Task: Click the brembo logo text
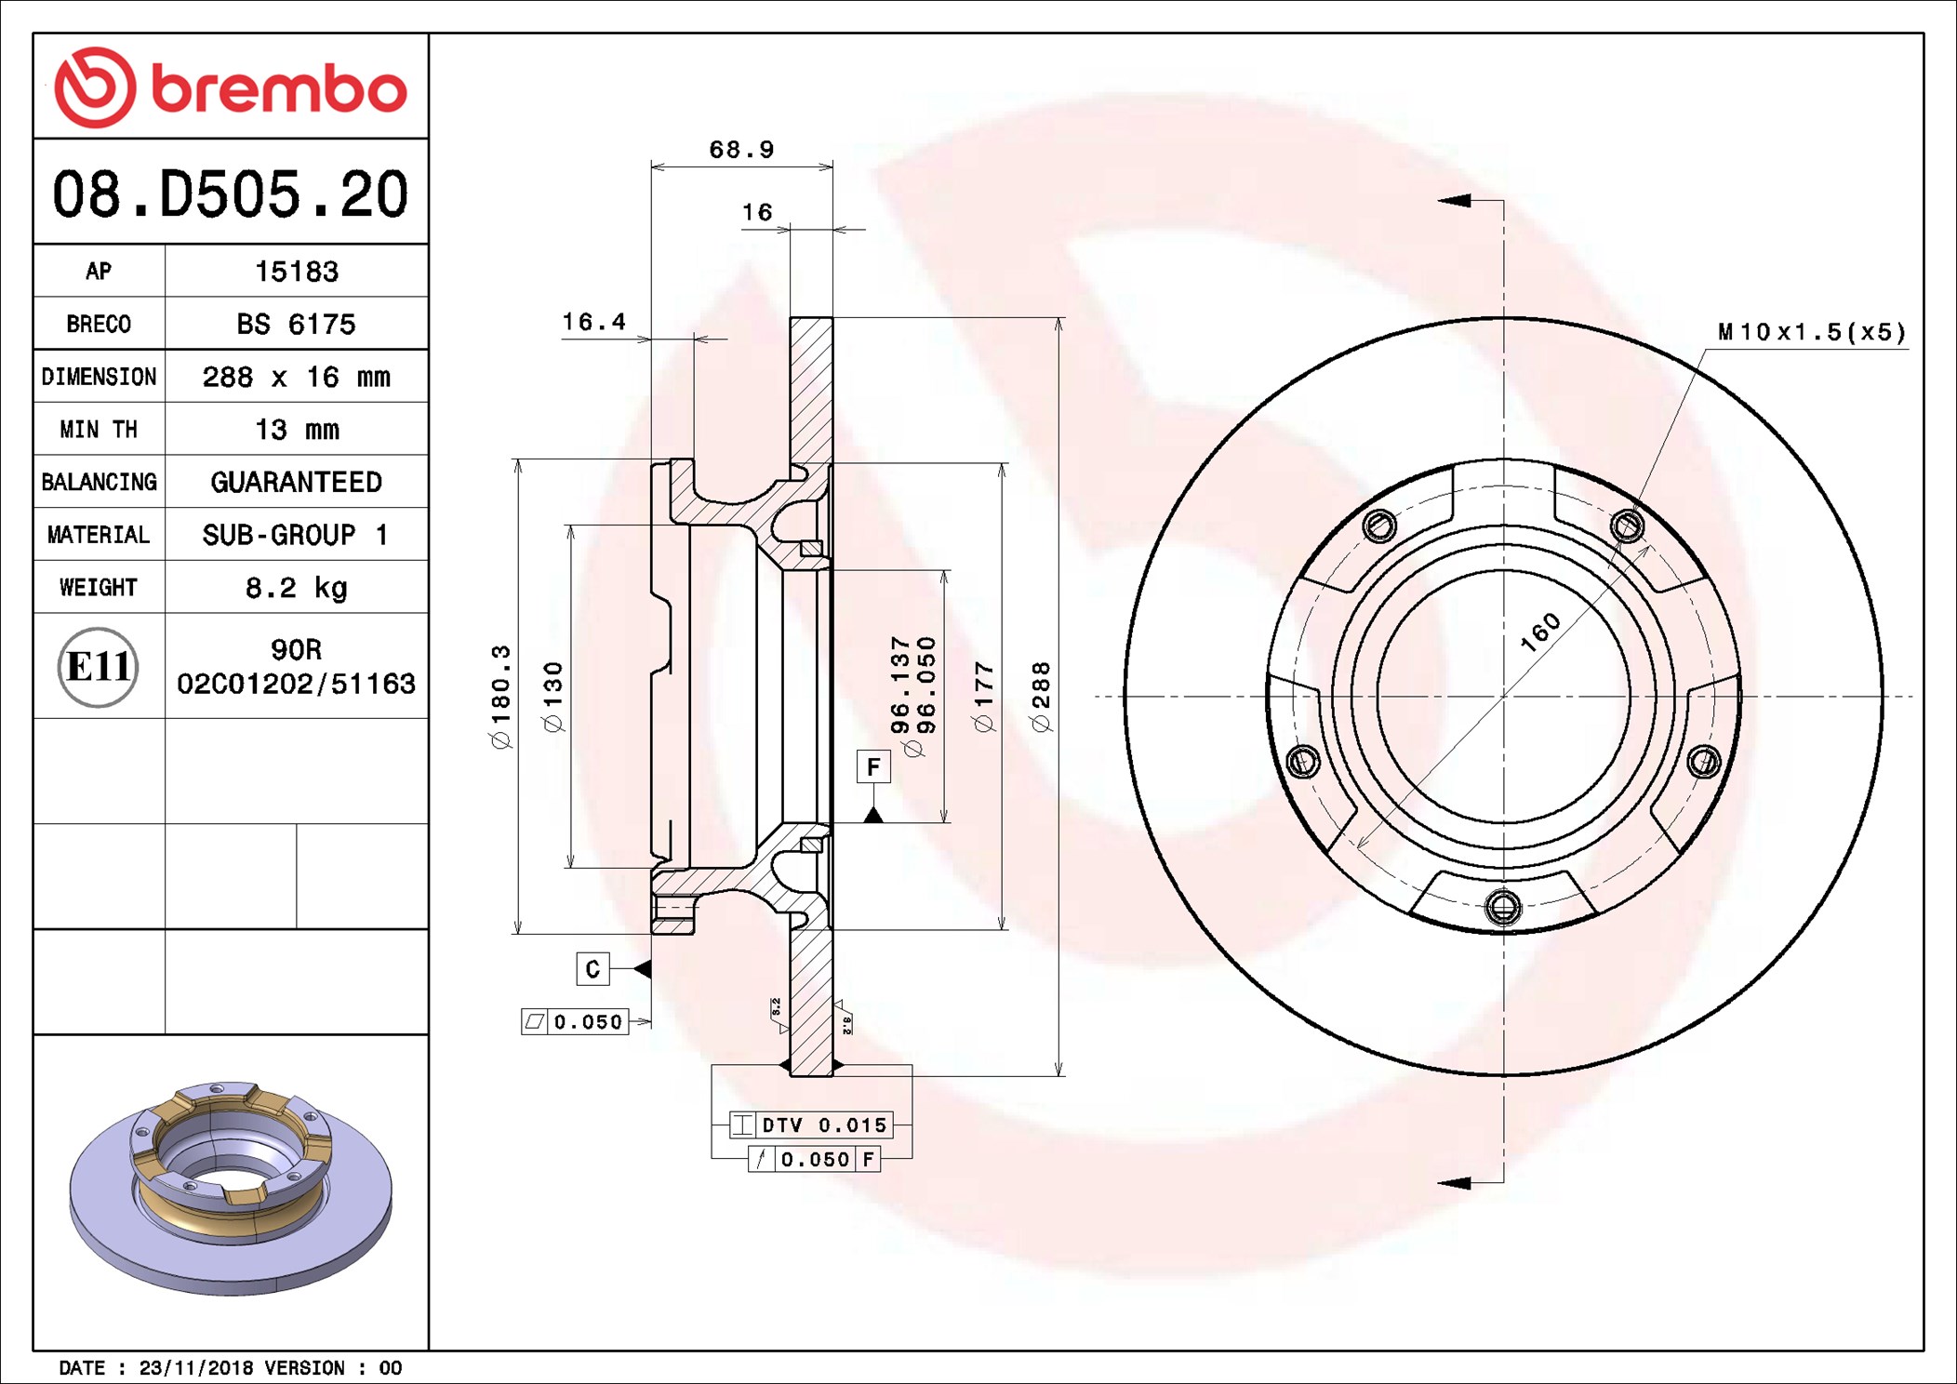point(279,89)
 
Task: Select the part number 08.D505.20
point(230,194)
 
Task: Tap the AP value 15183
point(297,272)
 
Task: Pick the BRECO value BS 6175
point(296,325)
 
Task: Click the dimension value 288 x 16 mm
point(297,377)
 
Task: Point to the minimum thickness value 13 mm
point(297,430)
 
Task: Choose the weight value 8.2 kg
point(297,588)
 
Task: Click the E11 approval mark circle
point(98,667)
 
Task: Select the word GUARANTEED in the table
point(297,482)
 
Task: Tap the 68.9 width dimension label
point(741,150)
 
